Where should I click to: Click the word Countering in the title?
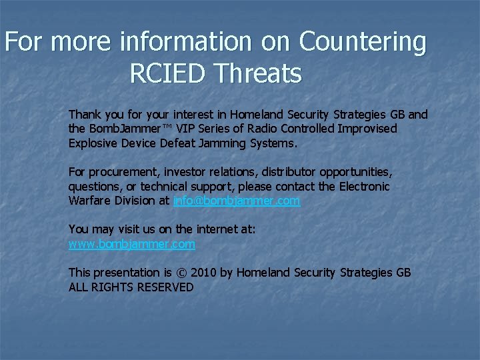pos(363,43)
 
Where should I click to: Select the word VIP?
pos(187,129)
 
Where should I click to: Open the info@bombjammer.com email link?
pos(237,201)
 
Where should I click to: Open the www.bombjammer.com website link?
pos(132,244)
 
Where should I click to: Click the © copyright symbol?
pos(182,273)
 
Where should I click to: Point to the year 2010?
pos(204,273)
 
